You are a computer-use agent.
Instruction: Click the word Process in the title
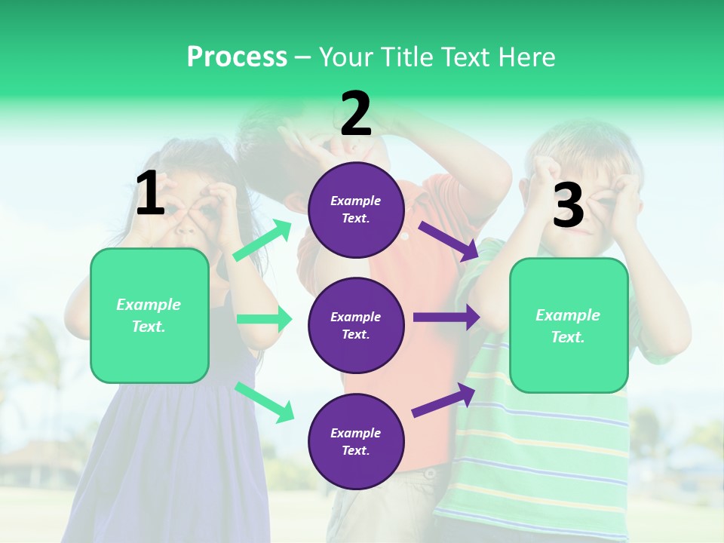pyautogui.click(x=237, y=57)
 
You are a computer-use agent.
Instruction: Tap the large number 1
pyautogui.click(x=150, y=193)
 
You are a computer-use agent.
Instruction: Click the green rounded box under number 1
pyautogui.click(x=149, y=315)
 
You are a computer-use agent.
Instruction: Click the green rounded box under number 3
pyautogui.click(x=569, y=326)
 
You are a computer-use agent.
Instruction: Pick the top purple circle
pyautogui.click(x=356, y=210)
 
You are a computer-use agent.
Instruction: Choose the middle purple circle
pyautogui.click(x=356, y=326)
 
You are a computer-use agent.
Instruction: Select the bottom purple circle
pyautogui.click(x=356, y=442)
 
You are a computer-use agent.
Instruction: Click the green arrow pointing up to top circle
pyautogui.click(x=262, y=241)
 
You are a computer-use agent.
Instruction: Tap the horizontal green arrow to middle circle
pyautogui.click(x=264, y=319)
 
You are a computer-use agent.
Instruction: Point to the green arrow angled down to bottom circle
pyautogui.click(x=264, y=402)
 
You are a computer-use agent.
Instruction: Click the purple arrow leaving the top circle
pyautogui.click(x=449, y=241)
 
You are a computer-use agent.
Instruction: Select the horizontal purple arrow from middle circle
pyautogui.click(x=446, y=318)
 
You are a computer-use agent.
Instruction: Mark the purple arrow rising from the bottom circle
pyautogui.click(x=444, y=400)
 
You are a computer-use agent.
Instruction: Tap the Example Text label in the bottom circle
pyautogui.click(x=356, y=442)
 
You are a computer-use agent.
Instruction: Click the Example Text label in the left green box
pyautogui.click(x=149, y=315)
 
